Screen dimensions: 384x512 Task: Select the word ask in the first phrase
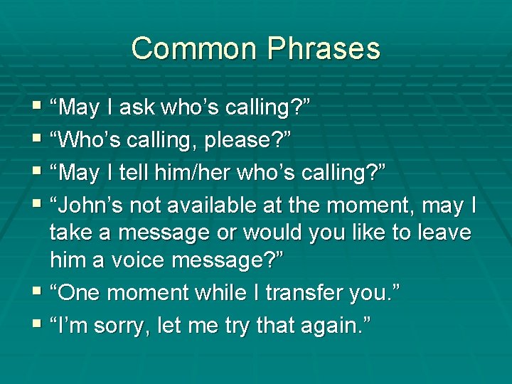click(138, 108)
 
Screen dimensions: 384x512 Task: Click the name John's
click(84, 206)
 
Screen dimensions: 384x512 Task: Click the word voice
click(153, 260)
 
